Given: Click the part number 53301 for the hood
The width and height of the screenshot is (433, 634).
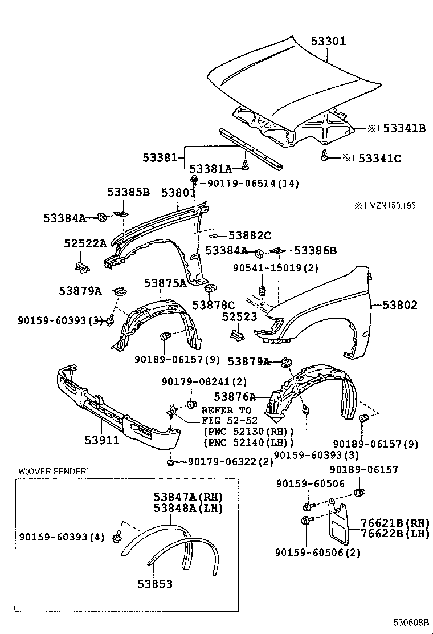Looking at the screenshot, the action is pyautogui.click(x=328, y=41).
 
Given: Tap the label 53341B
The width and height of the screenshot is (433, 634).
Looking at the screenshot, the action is pyautogui.click(x=405, y=128).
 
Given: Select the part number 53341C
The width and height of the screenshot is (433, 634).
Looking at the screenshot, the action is pyautogui.click(x=379, y=158).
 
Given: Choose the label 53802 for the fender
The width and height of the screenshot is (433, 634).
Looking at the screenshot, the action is pyautogui.click(x=400, y=305).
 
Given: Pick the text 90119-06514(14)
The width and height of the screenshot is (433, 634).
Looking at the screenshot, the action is pyautogui.click(x=254, y=184).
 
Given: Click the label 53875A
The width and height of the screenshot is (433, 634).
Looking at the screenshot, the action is pyautogui.click(x=165, y=283).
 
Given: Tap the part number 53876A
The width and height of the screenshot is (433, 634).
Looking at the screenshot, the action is pyautogui.click(x=235, y=397).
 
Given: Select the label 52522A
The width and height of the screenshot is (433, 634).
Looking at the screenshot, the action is pyautogui.click(x=85, y=243).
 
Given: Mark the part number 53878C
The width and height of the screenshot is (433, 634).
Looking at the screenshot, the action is pyautogui.click(x=213, y=305).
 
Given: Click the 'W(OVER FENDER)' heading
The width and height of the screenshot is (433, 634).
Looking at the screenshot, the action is pyautogui.click(x=54, y=471).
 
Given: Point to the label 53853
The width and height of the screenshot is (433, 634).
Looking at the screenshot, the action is pyautogui.click(x=155, y=584).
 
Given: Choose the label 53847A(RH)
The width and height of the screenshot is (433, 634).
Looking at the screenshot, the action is pyautogui.click(x=188, y=497).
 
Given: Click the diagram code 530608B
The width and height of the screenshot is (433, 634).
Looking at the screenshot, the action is pyautogui.click(x=411, y=621).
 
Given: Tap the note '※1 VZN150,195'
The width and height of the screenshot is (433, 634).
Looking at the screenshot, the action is pyautogui.click(x=385, y=206).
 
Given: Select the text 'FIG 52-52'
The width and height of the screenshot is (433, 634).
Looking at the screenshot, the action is pyautogui.click(x=229, y=421).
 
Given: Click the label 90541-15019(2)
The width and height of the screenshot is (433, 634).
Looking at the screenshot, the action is pyautogui.click(x=276, y=268).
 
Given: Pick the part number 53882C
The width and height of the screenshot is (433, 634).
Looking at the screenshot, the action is pyautogui.click(x=250, y=235).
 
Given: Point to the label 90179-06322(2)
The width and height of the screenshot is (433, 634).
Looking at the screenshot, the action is pyautogui.click(x=231, y=462).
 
